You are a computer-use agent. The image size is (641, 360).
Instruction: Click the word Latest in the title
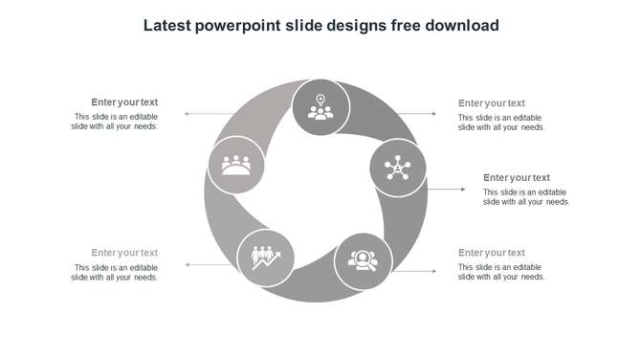166,25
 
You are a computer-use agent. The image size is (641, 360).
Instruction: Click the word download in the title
464,25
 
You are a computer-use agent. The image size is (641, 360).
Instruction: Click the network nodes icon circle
397,169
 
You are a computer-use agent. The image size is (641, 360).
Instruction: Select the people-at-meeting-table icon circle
235,165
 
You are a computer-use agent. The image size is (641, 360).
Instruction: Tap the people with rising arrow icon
265,257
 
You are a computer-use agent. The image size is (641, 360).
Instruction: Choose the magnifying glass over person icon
363,260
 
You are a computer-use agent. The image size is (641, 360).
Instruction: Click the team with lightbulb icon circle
320,107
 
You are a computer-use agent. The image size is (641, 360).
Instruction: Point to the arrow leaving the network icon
446,190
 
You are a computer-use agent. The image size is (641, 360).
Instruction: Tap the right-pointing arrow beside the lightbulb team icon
418,114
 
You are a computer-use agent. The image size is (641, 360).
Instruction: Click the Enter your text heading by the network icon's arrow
517,177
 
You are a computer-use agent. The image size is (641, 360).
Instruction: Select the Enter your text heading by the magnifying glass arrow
491,253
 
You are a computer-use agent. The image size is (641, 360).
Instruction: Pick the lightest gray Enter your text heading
124,253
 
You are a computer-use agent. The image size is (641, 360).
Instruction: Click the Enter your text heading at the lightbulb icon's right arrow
491,102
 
